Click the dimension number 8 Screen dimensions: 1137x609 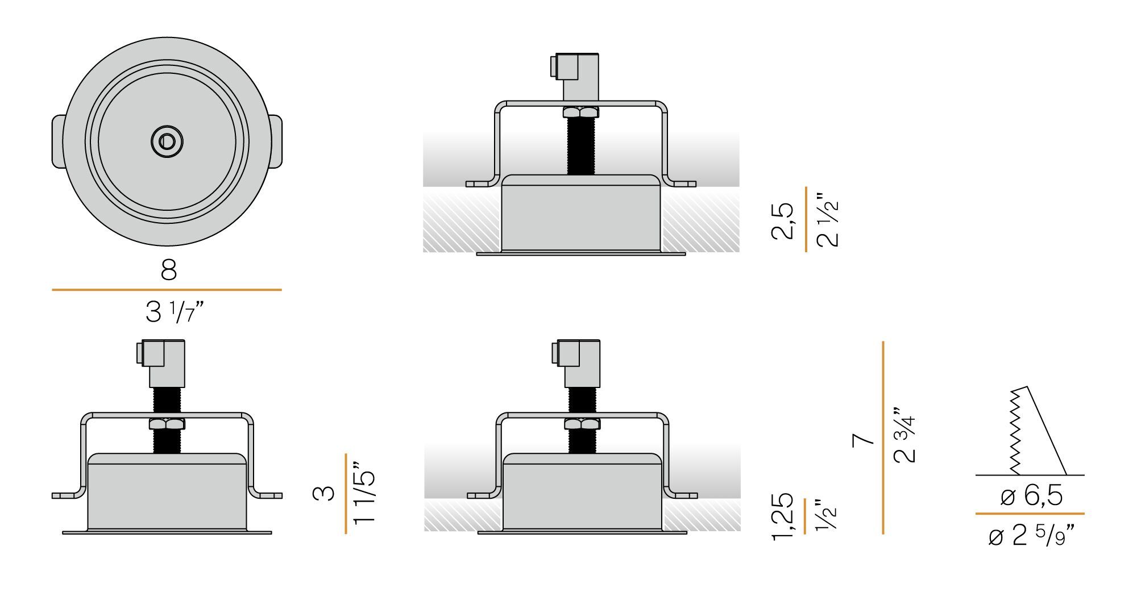click(169, 270)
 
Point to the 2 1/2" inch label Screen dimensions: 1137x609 click(828, 220)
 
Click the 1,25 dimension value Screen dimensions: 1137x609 click(783, 516)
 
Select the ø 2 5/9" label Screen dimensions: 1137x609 click(1031, 536)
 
